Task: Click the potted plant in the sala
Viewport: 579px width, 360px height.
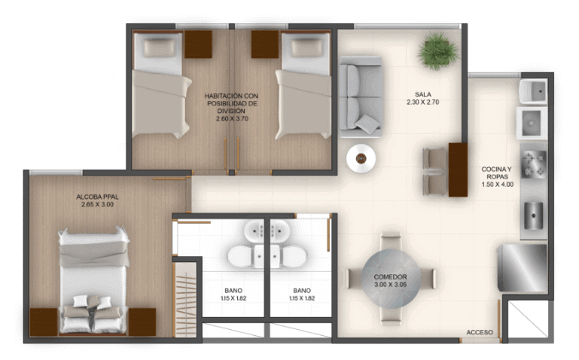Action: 438,51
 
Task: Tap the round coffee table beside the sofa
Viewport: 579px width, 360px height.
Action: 361,159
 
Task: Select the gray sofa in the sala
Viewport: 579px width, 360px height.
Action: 361,97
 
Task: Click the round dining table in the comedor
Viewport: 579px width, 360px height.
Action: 391,279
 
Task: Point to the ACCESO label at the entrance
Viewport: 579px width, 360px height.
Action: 480,333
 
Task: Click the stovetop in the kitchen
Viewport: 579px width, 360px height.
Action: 534,164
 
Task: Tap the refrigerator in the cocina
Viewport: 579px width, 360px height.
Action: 522,268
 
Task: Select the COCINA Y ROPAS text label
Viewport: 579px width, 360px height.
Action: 497,173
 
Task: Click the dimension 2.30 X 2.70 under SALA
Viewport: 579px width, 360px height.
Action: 423,102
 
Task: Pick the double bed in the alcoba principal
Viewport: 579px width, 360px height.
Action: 93,281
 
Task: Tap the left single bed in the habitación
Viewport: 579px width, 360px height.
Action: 161,84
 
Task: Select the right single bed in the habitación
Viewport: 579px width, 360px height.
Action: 303,85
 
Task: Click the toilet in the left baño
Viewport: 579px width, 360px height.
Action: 240,256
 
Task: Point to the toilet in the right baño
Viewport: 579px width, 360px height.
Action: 295,256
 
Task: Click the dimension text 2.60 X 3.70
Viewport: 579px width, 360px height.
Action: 232,118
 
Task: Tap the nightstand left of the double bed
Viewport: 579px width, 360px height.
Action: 44,322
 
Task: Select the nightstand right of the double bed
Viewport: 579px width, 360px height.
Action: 142,322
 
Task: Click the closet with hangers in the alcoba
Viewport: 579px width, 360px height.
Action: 185,299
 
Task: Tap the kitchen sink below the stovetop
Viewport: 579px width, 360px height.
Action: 534,215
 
